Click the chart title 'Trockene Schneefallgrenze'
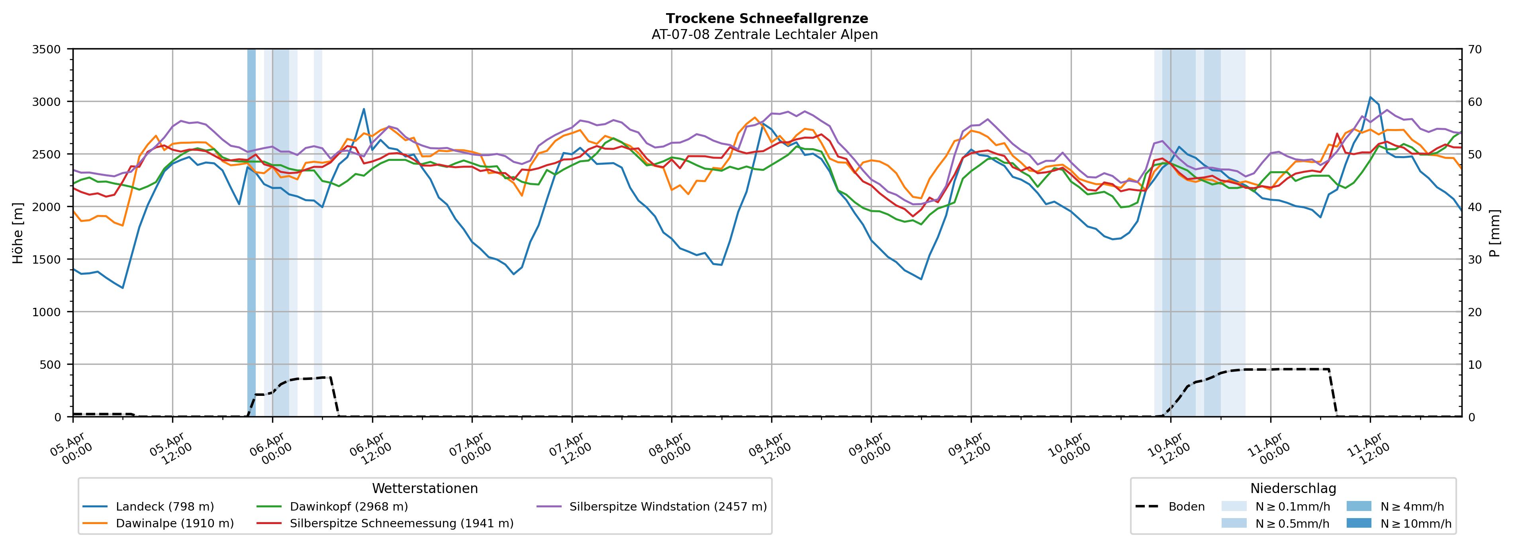[x=766, y=19]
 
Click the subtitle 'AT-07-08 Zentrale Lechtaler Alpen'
[x=764, y=35]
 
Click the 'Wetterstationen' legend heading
[x=425, y=488]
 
